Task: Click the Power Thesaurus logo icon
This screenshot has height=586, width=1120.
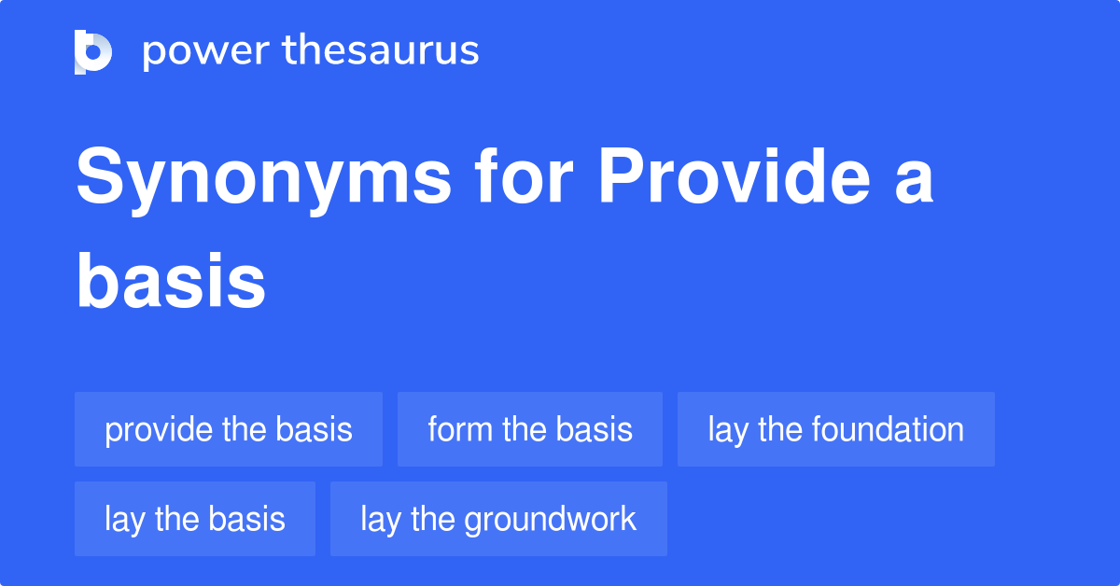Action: coord(92,51)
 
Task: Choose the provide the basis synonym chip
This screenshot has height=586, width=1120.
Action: coord(229,429)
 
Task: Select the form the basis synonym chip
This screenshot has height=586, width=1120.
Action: coord(530,429)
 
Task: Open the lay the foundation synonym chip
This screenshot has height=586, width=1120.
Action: coord(835,429)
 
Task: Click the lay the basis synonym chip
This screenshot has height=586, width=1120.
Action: coord(195,519)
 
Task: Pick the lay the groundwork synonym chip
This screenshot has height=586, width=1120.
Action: coord(498,519)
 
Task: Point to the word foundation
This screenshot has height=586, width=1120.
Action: coord(888,429)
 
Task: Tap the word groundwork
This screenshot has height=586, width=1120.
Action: coord(551,519)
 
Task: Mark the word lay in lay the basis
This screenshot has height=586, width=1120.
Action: coord(121,519)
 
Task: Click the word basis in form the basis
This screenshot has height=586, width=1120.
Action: coord(595,429)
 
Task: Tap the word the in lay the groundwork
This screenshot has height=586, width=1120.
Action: coord(432,519)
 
